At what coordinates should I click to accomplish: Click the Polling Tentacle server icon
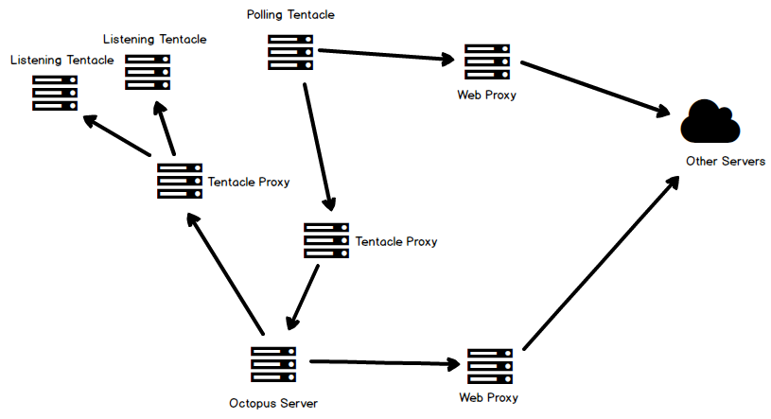click(290, 52)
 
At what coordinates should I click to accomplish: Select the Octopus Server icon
click(274, 364)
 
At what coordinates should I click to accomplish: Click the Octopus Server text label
click(273, 404)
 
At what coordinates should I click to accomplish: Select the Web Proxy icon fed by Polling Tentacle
click(487, 61)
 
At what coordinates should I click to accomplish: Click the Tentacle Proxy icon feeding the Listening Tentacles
click(180, 181)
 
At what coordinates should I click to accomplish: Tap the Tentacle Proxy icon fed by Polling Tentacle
click(326, 240)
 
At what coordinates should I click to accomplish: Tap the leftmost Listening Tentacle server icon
click(54, 93)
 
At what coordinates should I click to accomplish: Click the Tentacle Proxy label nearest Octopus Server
click(396, 241)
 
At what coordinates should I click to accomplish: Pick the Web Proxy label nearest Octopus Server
click(488, 398)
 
